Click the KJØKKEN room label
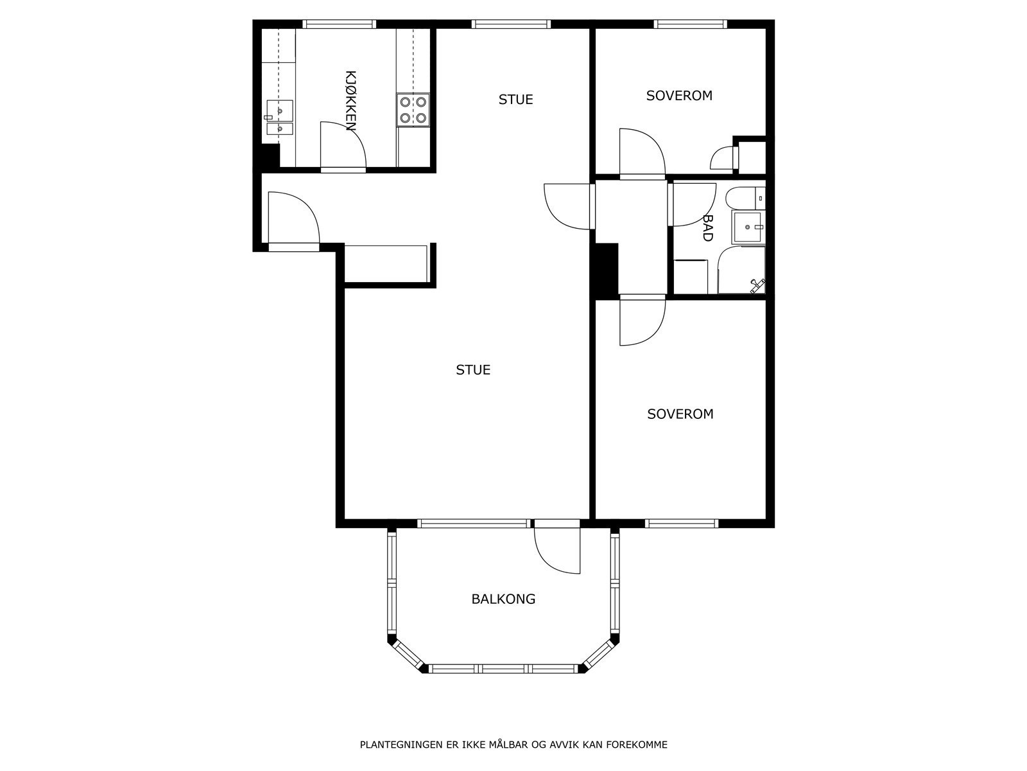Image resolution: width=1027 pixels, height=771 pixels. pyautogui.click(x=351, y=101)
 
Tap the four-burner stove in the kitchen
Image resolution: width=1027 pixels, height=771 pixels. pyautogui.click(x=413, y=110)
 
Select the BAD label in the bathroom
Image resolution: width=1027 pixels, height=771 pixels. pyautogui.click(x=708, y=228)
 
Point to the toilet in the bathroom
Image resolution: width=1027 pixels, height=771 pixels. pyautogui.click(x=745, y=198)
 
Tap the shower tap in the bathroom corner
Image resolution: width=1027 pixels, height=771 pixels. pyautogui.click(x=757, y=285)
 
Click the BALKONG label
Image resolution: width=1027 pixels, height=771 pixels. pyautogui.click(x=503, y=599)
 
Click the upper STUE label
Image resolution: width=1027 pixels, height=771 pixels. pyautogui.click(x=515, y=99)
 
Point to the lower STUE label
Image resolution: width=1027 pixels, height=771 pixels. pyautogui.click(x=473, y=370)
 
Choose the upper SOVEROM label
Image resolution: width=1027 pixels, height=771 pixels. pyautogui.click(x=679, y=96)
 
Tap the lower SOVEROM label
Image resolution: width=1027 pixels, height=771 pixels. pyautogui.click(x=680, y=414)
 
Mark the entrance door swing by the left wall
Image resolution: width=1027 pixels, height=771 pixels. pyautogui.click(x=293, y=218)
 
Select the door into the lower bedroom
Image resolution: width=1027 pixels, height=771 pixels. pyautogui.click(x=643, y=322)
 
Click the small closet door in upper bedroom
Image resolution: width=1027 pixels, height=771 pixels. pyautogui.click(x=723, y=158)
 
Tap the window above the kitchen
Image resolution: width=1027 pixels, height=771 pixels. pyautogui.click(x=339, y=24)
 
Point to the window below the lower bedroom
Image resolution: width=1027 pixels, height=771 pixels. pyautogui.click(x=681, y=524)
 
